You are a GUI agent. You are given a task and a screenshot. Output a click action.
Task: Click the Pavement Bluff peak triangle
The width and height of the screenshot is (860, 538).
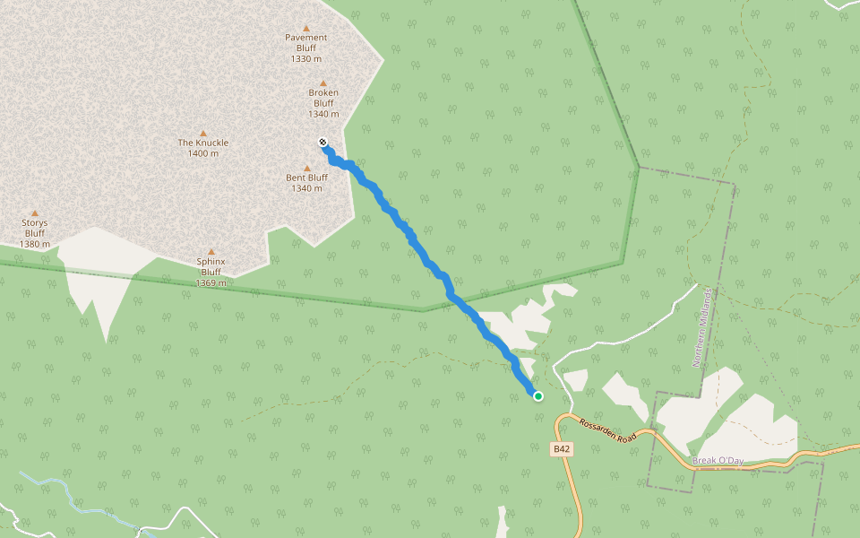tap(306, 28)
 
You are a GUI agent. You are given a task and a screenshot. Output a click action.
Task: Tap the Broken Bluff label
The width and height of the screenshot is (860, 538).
tap(323, 98)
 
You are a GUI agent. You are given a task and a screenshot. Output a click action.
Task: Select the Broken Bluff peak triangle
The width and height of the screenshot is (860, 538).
tap(323, 83)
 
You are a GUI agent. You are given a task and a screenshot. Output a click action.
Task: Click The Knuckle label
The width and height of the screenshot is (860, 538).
tap(203, 143)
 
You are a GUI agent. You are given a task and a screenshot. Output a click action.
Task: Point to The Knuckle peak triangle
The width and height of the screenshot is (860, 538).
tap(203, 133)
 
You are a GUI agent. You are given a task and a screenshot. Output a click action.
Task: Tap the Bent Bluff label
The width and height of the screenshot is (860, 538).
tap(306, 178)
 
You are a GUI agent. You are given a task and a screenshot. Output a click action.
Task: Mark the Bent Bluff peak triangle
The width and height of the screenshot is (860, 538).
tap(307, 168)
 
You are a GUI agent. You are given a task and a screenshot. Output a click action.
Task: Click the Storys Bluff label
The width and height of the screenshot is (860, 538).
tap(35, 228)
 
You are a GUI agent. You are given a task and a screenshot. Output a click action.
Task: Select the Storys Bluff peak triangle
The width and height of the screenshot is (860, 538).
tap(35, 213)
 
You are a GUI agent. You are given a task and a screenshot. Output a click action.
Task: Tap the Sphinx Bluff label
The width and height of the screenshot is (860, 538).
tap(211, 266)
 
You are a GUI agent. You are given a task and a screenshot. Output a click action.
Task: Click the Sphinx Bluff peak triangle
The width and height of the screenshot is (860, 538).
tap(211, 252)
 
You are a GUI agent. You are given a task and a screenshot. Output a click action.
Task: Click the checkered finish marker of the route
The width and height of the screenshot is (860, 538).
tap(322, 142)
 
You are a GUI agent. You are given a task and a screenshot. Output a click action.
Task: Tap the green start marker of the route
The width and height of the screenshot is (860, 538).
tap(538, 395)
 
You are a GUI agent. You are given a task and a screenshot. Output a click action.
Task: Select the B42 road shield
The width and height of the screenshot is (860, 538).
tap(562, 448)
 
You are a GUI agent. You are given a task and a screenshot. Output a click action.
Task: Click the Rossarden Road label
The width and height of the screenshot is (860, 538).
tap(607, 430)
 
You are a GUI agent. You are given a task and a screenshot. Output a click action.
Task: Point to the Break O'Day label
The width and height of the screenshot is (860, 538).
tap(718, 461)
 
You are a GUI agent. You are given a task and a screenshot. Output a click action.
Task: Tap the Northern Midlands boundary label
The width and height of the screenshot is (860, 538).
tap(703, 328)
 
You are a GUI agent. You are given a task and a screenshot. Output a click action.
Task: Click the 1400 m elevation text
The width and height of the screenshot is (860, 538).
tap(203, 153)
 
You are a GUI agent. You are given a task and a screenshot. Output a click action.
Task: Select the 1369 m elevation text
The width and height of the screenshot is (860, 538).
tap(211, 282)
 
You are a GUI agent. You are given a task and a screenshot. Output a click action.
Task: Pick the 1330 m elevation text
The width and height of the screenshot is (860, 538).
tap(306, 58)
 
